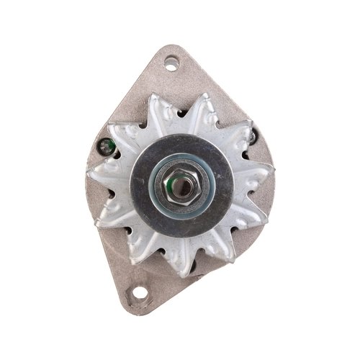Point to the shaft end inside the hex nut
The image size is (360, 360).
pyautogui.click(x=184, y=188)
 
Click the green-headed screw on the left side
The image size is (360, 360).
pyautogui.click(x=107, y=148)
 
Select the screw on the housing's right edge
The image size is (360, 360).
pyautogui.click(x=253, y=136)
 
